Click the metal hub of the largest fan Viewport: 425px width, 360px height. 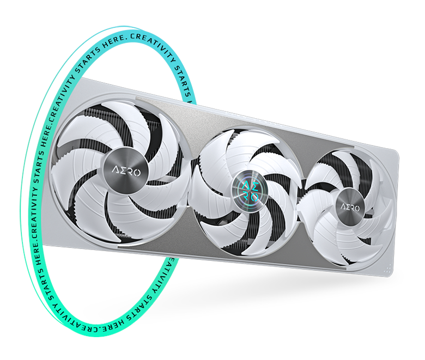pyautogui.click(x=126, y=172)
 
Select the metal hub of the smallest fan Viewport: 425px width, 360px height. pyautogui.click(x=350, y=207)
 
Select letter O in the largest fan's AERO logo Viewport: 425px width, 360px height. pyautogui.click(x=137, y=173)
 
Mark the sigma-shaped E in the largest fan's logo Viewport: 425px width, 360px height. pyautogui.click(x=122, y=171)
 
